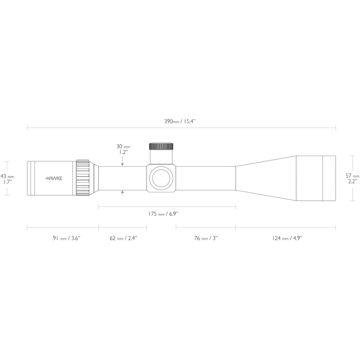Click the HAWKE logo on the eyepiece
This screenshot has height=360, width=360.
54,179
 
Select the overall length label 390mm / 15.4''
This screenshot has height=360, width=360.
180,121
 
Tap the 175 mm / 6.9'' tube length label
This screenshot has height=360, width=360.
163,214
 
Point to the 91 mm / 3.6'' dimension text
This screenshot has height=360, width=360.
66,238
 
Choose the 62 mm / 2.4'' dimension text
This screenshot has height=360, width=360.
123,238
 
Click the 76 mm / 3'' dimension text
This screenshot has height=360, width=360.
206,238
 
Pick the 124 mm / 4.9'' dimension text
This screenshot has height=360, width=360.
287,238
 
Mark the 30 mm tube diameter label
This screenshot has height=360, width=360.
123,147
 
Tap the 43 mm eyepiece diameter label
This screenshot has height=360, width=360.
7,176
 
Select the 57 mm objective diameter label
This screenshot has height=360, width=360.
352,176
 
